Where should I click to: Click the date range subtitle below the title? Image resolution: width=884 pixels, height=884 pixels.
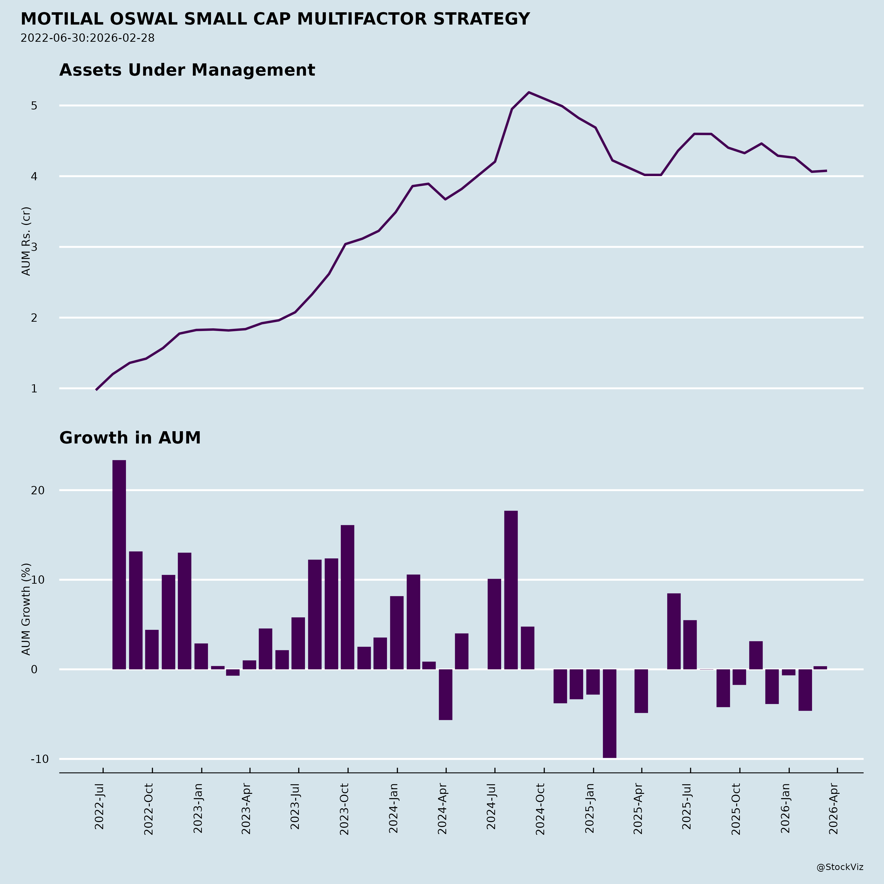(x=87, y=38)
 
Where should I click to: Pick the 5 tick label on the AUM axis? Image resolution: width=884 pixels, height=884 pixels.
(x=34, y=106)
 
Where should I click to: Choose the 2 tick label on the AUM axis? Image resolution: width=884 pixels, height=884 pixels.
(x=34, y=318)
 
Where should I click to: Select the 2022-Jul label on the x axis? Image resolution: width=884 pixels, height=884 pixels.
(x=100, y=806)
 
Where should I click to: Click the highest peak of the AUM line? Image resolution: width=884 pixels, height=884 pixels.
(x=529, y=92)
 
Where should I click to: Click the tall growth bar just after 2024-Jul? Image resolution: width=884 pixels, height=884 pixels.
(x=511, y=590)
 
